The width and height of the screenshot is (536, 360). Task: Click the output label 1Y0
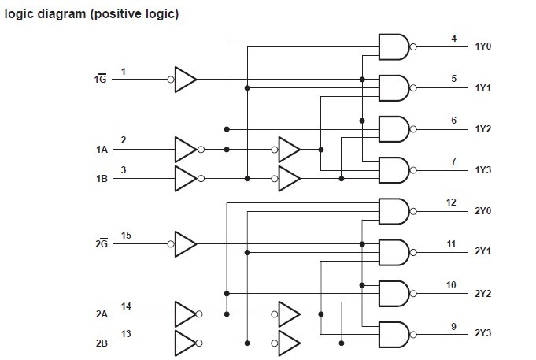483,47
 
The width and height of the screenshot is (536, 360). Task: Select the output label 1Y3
483,170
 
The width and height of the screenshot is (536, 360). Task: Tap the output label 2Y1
483,251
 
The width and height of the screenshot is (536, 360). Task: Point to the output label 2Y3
483,333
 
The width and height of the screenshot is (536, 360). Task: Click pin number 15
126,235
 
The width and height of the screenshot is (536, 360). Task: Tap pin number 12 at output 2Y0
451,202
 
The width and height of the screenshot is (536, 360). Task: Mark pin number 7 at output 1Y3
453,161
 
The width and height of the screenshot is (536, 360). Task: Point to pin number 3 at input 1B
123,169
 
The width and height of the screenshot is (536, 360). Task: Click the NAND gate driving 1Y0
394,47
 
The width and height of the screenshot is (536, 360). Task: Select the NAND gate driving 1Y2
394,129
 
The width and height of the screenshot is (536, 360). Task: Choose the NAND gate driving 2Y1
394,252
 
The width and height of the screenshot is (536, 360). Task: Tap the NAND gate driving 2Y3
394,334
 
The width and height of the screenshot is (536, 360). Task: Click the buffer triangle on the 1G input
185,79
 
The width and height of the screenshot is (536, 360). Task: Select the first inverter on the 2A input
185,314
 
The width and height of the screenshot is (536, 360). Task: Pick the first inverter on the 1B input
185,178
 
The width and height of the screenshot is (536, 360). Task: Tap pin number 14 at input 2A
126,305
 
